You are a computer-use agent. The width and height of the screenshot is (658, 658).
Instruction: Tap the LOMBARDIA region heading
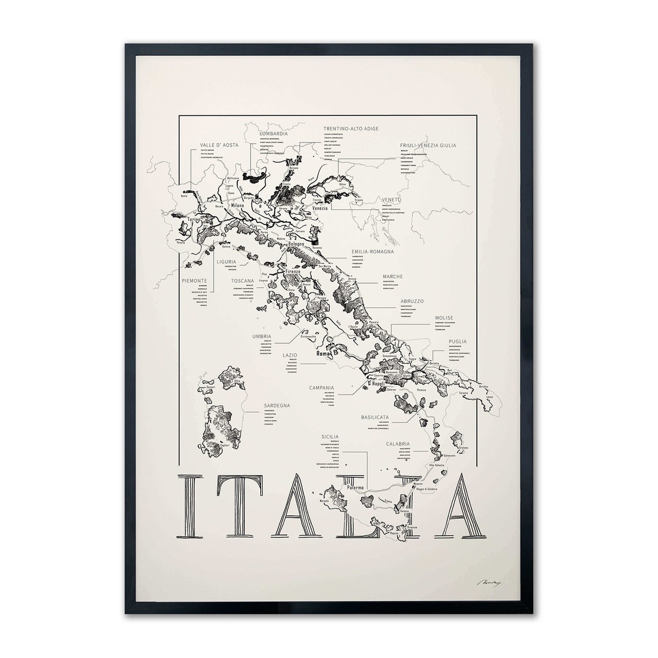273,133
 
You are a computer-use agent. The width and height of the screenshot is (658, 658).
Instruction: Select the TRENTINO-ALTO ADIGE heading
351,129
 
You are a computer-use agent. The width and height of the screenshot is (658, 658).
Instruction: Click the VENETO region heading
391,200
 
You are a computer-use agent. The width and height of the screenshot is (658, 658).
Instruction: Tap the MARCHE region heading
392,276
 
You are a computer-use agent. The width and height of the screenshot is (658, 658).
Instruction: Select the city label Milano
237,205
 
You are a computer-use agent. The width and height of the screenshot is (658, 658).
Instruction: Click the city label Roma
322,353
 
